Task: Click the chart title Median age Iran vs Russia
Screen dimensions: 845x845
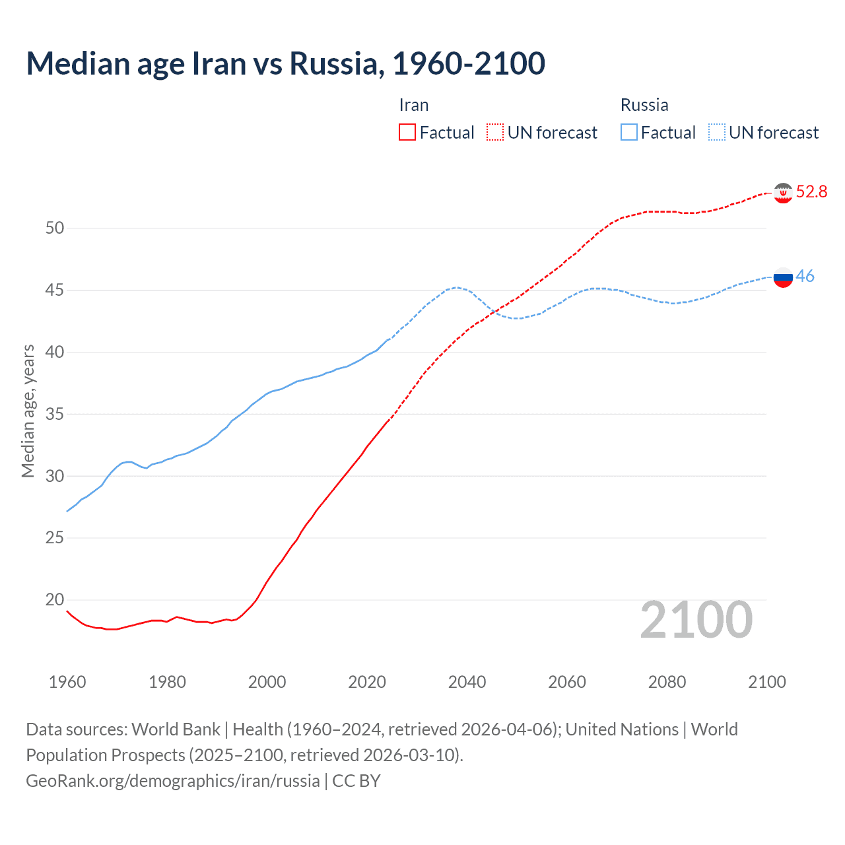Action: point(285,63)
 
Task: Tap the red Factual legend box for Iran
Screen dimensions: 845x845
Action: point(407,132)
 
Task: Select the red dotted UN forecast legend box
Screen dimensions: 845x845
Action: point(495,132)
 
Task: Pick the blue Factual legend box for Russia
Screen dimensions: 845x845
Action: point(629,132)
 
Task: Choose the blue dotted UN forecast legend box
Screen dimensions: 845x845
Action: point(717,132)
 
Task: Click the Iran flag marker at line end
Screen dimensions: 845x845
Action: point(783,193)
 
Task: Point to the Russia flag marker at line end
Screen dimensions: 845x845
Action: point(783,277)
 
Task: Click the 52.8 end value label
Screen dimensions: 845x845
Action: point(811,191)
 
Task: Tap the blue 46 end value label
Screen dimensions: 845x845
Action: point(805,276)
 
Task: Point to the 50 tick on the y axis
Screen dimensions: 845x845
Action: point(55,228)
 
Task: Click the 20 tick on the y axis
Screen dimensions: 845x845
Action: point(55,599)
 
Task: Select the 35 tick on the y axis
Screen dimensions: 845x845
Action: point(55,414)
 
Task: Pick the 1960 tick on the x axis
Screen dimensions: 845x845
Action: point(67,682)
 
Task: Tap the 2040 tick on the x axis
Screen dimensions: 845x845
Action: point(467,682)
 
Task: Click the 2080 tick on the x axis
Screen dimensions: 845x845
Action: point(667,682)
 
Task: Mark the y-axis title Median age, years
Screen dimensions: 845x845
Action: point(28,411)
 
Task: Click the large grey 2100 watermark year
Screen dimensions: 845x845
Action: point(696,619)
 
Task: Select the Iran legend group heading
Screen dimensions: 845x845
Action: point(414,105)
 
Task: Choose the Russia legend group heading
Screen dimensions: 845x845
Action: point(644,105)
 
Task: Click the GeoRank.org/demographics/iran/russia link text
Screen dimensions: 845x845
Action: point(173,781)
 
